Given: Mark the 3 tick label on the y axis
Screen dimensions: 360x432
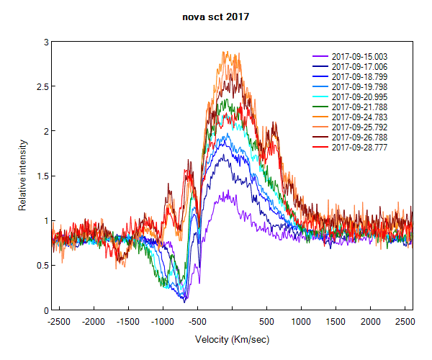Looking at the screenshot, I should tap(45, 42).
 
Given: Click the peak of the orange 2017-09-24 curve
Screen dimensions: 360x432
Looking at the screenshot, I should tap(225, 52).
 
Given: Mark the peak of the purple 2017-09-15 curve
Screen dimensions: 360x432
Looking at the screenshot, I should tap(227, 192).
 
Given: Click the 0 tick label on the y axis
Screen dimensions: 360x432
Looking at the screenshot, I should tap(45, 310).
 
